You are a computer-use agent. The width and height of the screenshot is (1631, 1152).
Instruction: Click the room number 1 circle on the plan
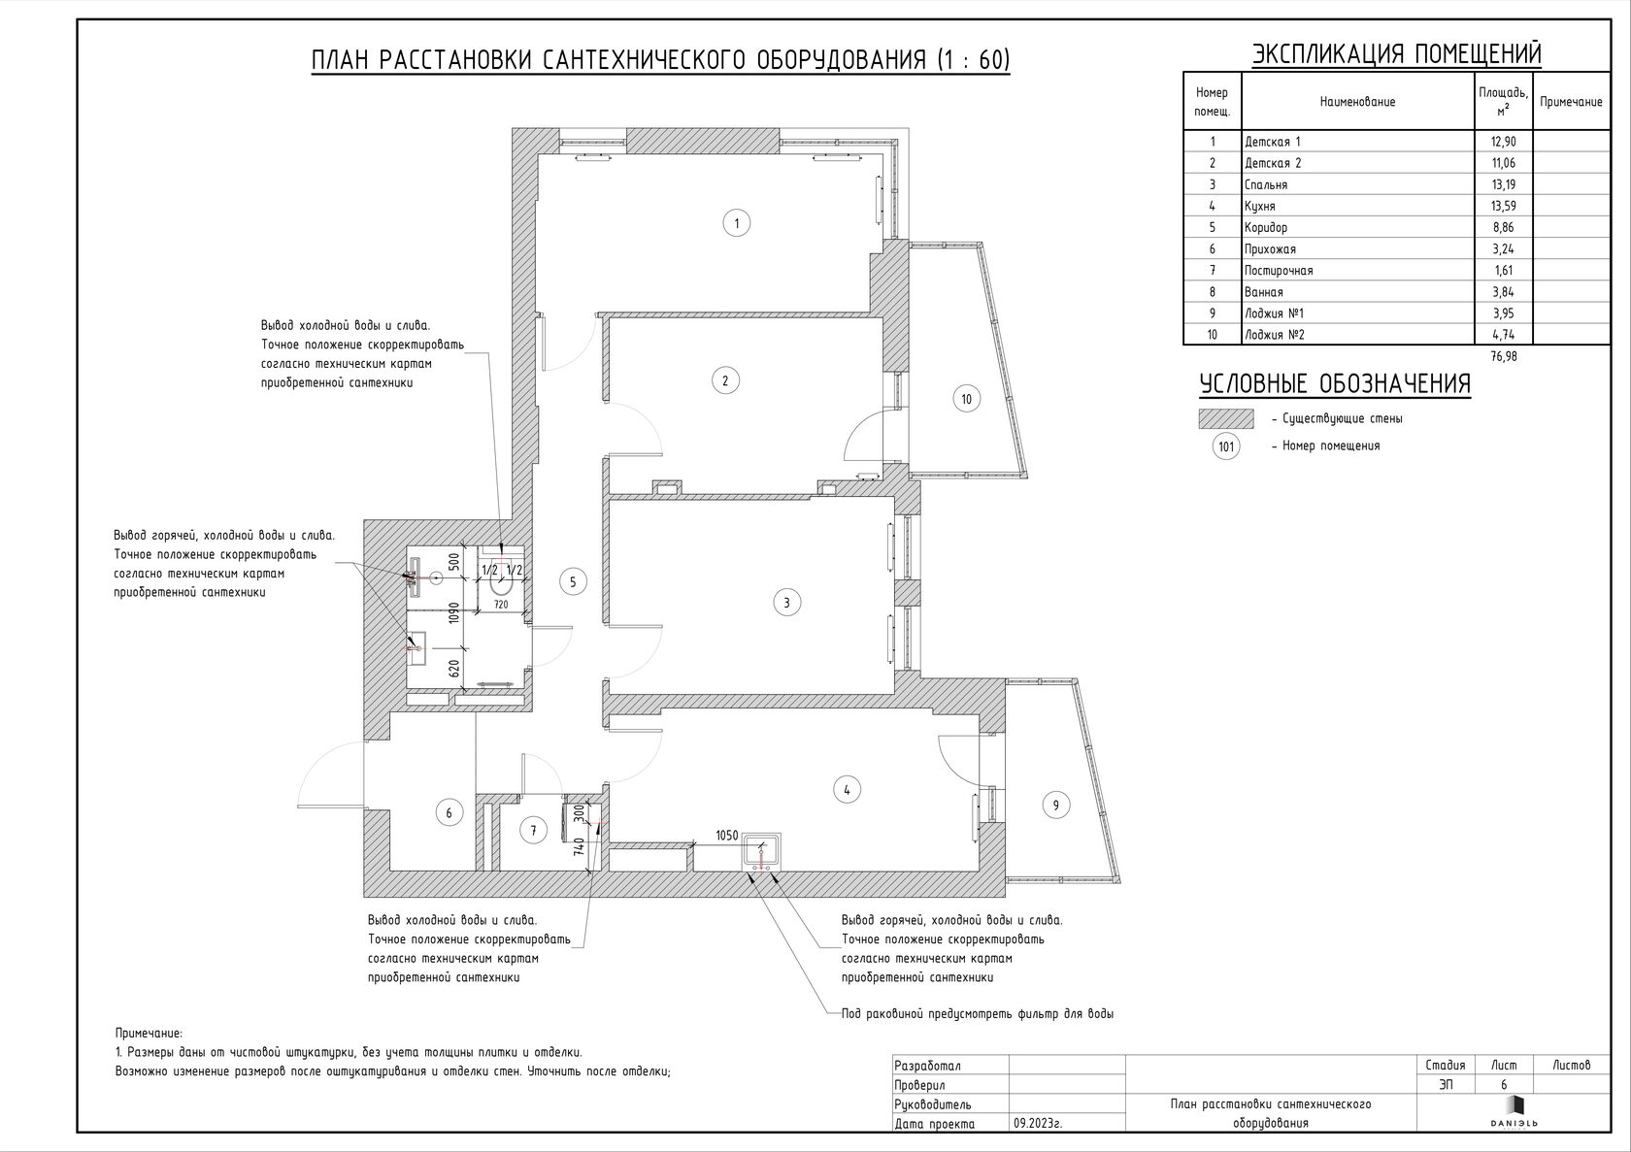click(736, 222)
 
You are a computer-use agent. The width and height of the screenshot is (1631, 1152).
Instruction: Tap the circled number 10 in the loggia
click(966, 399)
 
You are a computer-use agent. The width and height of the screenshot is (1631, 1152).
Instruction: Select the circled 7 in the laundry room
click(533, 831)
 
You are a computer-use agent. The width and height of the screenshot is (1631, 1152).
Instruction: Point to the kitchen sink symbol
click(761, 852)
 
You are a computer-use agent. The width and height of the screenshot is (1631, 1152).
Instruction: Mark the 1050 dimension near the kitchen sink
click(726, 836)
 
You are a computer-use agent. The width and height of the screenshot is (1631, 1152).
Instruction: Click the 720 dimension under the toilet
click(501, 605)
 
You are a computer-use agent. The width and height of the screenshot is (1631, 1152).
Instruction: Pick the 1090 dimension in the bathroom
click(453, 612)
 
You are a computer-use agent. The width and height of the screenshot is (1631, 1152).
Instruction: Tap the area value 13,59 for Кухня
click(1504, 206)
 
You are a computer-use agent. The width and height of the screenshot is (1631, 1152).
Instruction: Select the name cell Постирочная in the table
click(1279, 271)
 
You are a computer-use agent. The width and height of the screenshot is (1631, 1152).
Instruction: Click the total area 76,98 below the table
click(1504, 356)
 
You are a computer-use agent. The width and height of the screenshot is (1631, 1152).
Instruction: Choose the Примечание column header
click(1571, 102)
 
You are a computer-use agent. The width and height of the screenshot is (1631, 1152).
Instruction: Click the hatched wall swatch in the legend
click(1226, 418)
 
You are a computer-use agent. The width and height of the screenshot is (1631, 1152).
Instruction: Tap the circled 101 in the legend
click(1226, 446)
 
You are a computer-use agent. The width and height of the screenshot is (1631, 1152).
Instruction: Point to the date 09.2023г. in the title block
click(1038, 1124)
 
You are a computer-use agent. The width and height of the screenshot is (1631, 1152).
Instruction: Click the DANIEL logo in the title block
click(1514, 1112)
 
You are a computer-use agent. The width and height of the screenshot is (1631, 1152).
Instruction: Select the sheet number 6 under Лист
click(1504, 1084)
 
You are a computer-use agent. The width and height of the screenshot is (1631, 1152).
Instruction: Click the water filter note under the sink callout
click(977, 1014)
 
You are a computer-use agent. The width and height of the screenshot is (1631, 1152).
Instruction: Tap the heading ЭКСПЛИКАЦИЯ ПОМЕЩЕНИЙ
click(1396, 54)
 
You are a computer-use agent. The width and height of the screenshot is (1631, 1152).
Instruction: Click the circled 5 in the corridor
click(573, 581)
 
